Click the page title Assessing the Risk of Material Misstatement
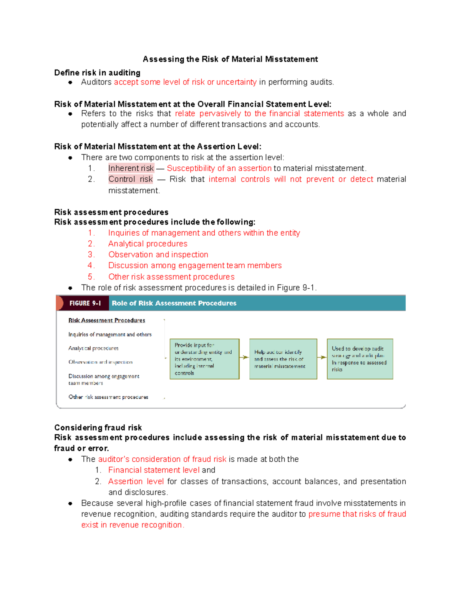pyautogui.click(x=230, y=59)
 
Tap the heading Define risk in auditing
pyautogui.click(x=97, y=73)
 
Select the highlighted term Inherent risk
pyautogui.click(x=131, y=168)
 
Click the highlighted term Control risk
pyautogui.click(x=131, y=179)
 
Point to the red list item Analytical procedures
pyautogui.click(x=148, y=244)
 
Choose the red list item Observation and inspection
pyautogui.click(x=158, y=254)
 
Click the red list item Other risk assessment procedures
pyautogui.click(x=171, y=277)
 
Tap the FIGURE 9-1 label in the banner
pyautogui.click(x=85, y=303)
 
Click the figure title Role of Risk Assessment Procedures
pyautogui.click(x=174, y=303)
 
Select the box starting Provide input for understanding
pyautogui.click(x=204, y=359)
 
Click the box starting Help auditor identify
pyautogui.click(x=283, y=359)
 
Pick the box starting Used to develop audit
pyautogui.click(x=360, y=359)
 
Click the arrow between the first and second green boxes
pyautogui.click(x=244, y=358)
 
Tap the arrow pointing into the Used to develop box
pyautogui.click(x=322, y=358)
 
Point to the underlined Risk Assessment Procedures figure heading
pyautogui.click(x=106, y=320)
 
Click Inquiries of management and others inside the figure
pyautogui.click(x=110, y=334)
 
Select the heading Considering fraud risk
pyautogui.click(x=98, y=427)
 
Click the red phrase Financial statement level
pyautogui.click(x=154, y=470)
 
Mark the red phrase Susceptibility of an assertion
pyautogui.click(x=219, y=168)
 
